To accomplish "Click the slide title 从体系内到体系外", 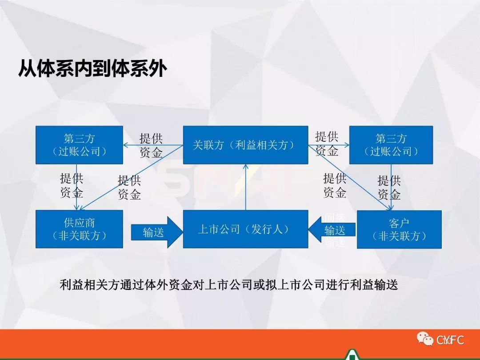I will [92, 70].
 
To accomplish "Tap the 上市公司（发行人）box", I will [245, 229].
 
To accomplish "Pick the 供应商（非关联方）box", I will [79, 229].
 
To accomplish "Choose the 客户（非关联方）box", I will [399, 229].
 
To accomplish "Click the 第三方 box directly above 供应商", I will [79, 145].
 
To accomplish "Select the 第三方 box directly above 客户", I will [391, 145].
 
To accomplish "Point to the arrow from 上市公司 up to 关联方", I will [246, 187].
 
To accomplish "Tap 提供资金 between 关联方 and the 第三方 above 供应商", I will [151, 145].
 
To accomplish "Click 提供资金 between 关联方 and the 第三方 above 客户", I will [327, 143].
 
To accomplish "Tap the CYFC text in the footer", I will [450, 340].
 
